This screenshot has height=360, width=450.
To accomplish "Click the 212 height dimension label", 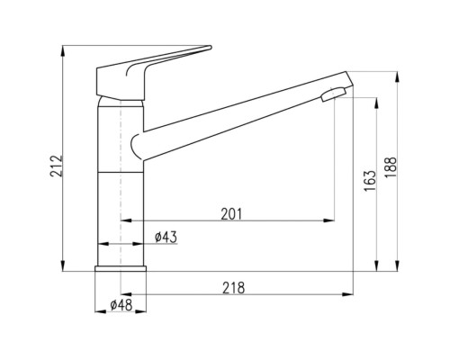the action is [57, 166].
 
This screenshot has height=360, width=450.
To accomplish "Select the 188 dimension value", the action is [391, 167].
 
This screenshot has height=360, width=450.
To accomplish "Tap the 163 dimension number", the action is [370, 181].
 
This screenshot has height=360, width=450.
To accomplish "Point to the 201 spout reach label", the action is [231, 214].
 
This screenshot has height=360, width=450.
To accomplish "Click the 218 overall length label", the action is [233, 288].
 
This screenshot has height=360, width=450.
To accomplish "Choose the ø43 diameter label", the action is [166, 238].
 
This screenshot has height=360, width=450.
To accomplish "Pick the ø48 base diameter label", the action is [121, 305].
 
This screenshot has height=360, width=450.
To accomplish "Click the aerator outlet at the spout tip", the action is [333, 94].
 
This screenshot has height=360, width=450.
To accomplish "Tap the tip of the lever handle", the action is [211, 47].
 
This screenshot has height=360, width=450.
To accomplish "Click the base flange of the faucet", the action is [121, 269].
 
